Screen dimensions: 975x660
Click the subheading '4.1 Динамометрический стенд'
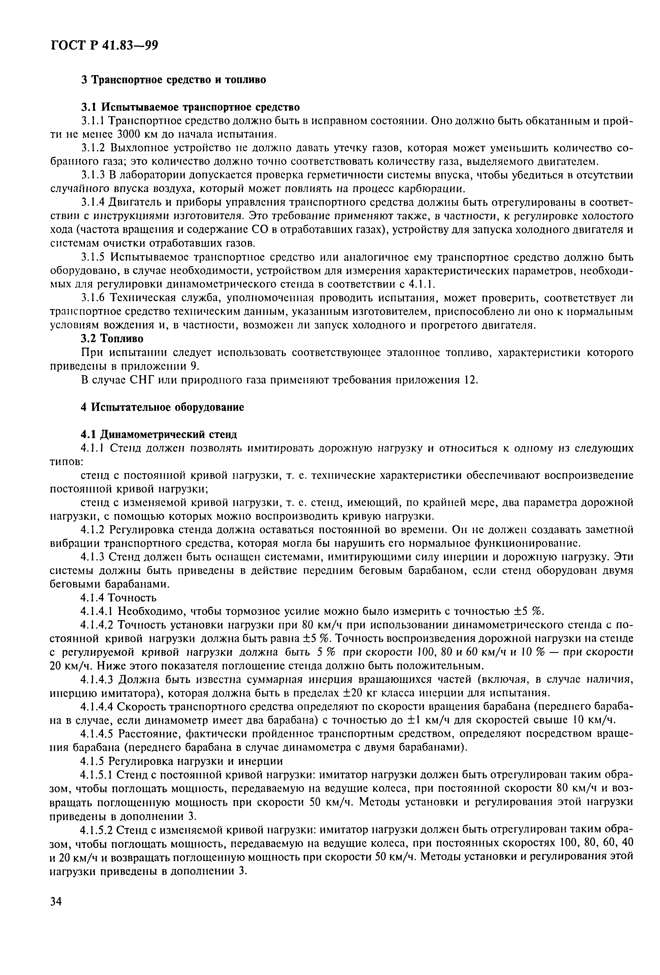pos(159,434)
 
